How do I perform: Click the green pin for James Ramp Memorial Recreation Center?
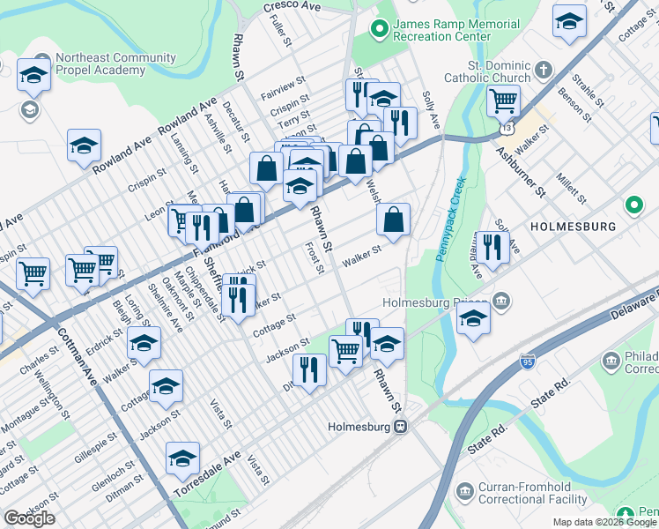380,30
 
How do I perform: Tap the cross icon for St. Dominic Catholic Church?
544,69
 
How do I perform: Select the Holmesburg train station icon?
400,426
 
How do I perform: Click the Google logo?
29,518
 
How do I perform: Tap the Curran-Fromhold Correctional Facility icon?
464,489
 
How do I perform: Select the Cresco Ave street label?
292,6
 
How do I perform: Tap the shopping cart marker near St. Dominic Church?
503,101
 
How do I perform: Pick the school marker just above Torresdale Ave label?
182,458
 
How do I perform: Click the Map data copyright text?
604,522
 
